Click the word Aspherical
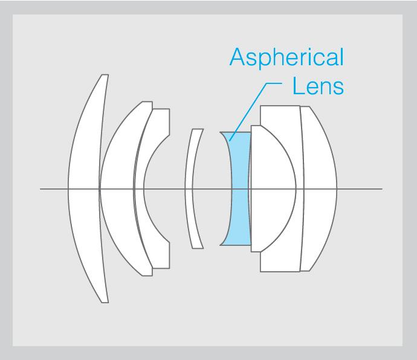tap(286, 58)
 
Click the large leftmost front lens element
tap(85, 188)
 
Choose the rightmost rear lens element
tap(319, 188)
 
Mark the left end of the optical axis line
tap(41, 189)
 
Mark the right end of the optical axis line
tap(381, 189)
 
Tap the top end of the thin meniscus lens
tap(197, 129)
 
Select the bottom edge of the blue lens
tap(236, 245)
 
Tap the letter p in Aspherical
tap(265, 60)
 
